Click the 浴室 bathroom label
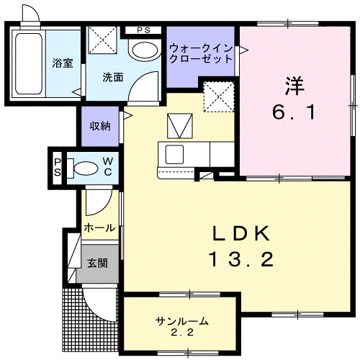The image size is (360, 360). click(63, 63)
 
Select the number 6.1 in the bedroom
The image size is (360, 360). click(294, 112)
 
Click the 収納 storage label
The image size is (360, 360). click(100, 126)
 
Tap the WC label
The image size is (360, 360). click(107, 166)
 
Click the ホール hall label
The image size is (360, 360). click(99, 228)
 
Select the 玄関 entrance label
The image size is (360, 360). click(98, 263)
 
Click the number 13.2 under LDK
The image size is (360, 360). click(241, 259)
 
